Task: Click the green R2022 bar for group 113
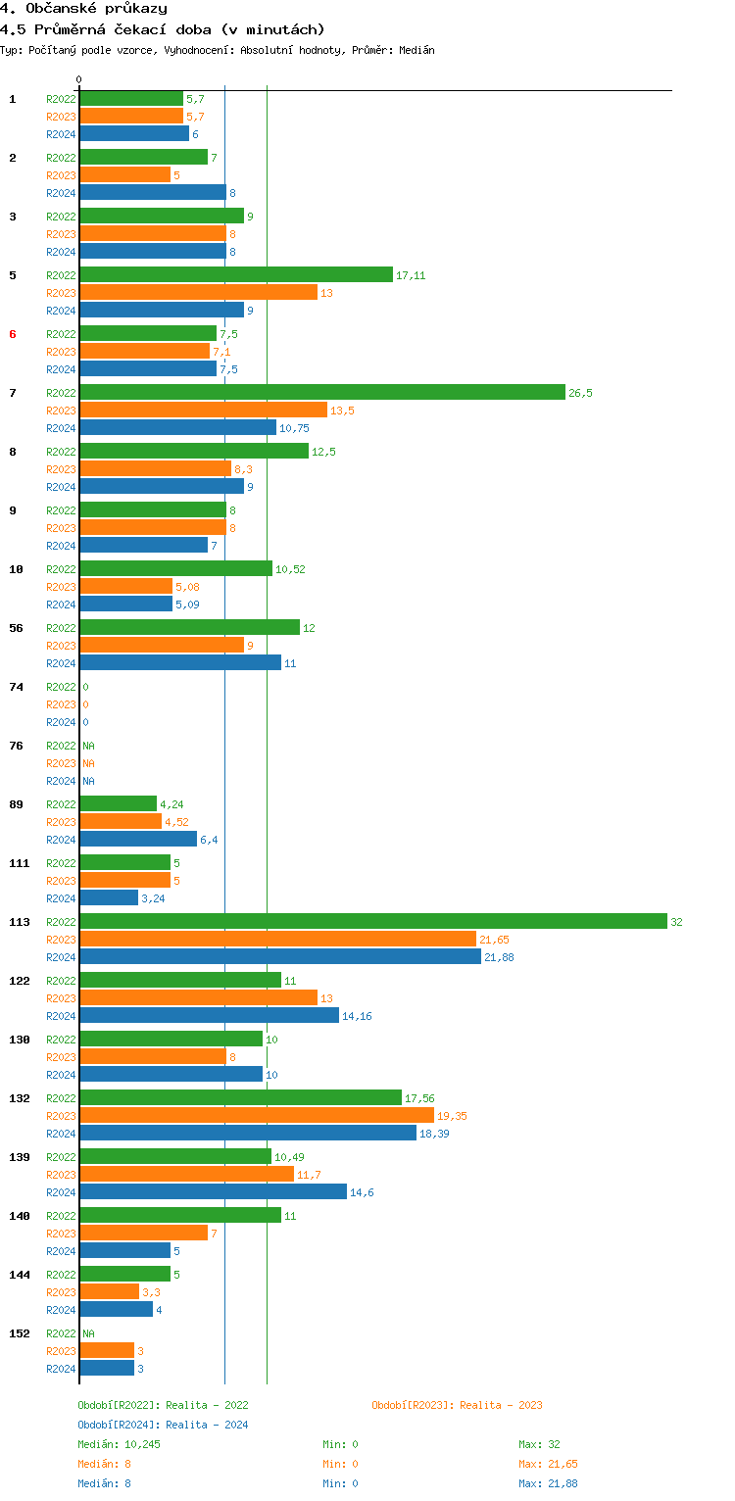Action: point(372,921)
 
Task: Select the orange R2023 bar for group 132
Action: point(256,1115)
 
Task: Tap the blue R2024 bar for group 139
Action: point(213,1191)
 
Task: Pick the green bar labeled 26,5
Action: point(322,392)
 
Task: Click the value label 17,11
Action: point(411,275)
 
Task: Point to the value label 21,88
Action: point(499,957)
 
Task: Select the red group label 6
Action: point(13,334)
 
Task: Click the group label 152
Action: point(19,1333)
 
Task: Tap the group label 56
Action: point(16,628)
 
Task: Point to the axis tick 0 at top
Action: point(79,79)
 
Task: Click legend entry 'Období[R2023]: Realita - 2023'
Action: point(457,1405)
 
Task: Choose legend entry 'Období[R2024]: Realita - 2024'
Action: point(163,1425)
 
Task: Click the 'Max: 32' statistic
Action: point(539,1444)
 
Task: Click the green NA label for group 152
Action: point(88,1333)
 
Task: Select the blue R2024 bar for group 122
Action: point(209,1015)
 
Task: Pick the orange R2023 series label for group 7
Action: point(61,411)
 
